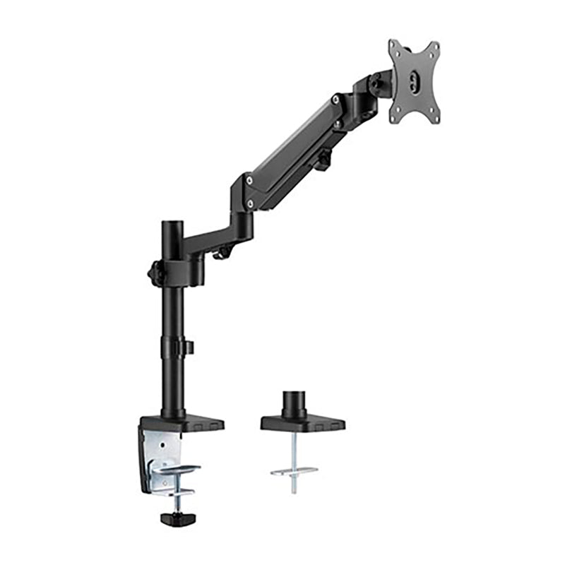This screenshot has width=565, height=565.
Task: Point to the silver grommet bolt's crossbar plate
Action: [x=294, y=470]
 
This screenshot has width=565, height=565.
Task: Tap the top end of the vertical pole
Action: [x=172, y=225]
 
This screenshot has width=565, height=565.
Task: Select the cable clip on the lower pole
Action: [x=188, y=347]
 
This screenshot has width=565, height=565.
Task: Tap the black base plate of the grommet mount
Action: [x=302, y=424]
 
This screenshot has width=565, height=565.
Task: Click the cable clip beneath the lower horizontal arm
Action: [x=224, y=251]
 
